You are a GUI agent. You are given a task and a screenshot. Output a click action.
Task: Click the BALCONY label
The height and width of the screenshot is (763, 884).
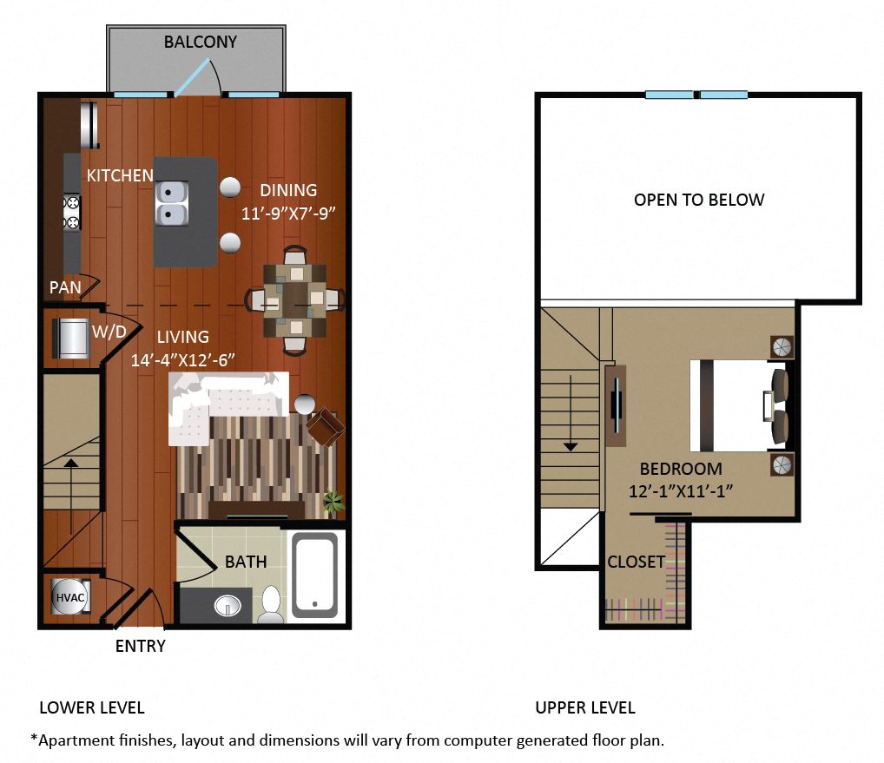tap(200, 42)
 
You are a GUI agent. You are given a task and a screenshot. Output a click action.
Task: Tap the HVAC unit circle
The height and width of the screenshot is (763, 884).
tap(70, 597)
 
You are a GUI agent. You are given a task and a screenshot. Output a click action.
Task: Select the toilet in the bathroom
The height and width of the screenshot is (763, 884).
tap(271, 604)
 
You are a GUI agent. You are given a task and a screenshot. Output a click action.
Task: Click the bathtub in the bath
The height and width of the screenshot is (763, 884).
tap(315, 575)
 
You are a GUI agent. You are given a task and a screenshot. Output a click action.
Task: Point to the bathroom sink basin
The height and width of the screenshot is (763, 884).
tap(228, 606)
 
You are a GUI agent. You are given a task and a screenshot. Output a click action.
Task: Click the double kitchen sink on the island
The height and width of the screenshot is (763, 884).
tap(171, 203)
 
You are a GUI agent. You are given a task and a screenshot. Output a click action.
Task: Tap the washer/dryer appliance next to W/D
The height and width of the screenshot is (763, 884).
tap(71, 339)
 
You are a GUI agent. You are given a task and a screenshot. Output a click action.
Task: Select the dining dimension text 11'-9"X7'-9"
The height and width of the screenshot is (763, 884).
tap(288, 214)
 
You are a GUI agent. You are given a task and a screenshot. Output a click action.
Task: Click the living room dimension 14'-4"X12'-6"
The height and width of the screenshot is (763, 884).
tap(182, 360)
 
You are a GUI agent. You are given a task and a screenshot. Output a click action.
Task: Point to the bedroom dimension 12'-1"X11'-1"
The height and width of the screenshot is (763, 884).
tap(681, 491)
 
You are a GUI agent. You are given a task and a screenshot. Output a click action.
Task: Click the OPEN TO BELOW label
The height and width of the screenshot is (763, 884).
tap(699, 200)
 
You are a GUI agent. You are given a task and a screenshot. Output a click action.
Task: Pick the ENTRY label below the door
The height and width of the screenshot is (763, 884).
tap(141, 646)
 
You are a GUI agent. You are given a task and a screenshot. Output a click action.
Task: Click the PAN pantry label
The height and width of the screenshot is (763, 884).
tap(65, 287)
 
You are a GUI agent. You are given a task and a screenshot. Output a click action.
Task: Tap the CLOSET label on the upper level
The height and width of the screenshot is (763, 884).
tap(636, 562)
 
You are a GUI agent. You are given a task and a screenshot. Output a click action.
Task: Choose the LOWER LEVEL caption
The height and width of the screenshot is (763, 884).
tap(92, 707)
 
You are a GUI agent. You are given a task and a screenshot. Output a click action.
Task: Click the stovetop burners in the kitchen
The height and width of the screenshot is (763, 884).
tap(72, 213)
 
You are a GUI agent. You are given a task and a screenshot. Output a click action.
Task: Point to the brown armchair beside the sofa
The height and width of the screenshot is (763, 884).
tap(326, 426)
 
